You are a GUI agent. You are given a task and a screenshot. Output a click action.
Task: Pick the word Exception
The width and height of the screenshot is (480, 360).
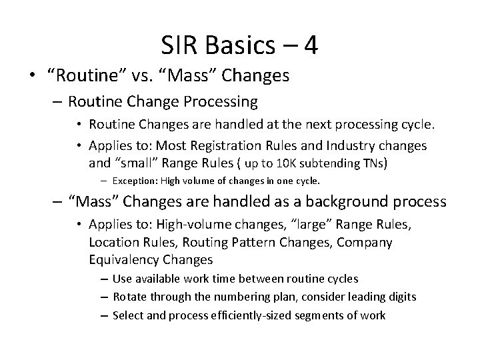pyautogui.click(x=133, y=181)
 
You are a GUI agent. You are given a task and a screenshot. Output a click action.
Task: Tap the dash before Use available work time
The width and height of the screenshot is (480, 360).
pyautogui.click(x=106, y=279)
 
